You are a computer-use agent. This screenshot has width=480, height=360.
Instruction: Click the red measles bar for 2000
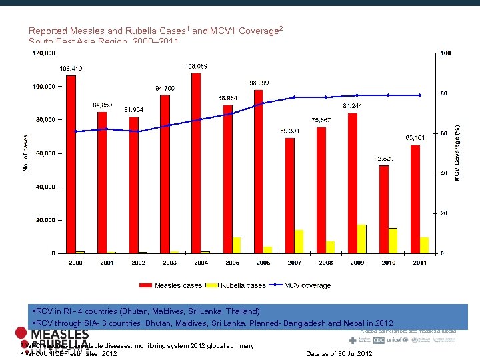(x=71, y=164)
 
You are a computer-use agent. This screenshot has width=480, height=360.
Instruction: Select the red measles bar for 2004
(x=196, y=163)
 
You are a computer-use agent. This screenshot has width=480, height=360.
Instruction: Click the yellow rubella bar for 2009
(x=362, y=239)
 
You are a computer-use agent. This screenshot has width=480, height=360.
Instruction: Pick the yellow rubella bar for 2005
(x=237, y=245)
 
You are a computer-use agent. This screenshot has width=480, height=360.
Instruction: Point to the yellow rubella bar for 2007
(x=299, y=241)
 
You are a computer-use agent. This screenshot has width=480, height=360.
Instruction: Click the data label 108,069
(x=195, y=66)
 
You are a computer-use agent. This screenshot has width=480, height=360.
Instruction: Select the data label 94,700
(x=165, y=88)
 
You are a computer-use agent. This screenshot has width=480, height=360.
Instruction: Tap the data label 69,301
(x=289, y=131)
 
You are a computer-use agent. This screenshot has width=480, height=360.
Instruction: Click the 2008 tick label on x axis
(x=325, y=263)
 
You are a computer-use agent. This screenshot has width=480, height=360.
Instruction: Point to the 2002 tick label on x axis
(x=138, y=263)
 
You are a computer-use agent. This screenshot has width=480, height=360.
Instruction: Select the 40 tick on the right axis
(x=443, y=173)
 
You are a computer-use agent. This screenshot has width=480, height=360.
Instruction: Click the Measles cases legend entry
(x=171, y=285)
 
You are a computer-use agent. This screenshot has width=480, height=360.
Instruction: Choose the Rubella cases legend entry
(x=237, y=285)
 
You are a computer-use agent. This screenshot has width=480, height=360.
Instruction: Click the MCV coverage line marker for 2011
(x=419, y=95)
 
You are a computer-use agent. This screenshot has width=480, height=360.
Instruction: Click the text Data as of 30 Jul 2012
(x=339, y=353)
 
